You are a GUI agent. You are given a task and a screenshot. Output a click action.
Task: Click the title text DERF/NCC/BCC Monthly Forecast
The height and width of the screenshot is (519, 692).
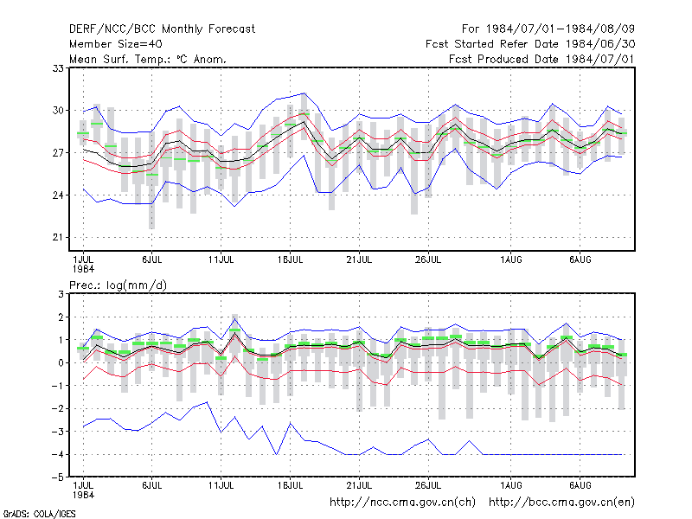(162, 29)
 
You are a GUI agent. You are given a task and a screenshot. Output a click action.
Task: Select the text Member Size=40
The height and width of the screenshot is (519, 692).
(116, 44)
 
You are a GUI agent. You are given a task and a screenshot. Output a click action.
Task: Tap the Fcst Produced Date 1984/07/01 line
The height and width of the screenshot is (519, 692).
(541, 59)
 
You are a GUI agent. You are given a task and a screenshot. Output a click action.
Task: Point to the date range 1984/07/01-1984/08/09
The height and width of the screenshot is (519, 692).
(561, 29)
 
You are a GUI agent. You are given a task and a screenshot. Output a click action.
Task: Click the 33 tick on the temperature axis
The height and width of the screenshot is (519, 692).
(58, 68)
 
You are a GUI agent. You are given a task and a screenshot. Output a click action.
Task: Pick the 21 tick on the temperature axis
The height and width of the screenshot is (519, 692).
(58, 237)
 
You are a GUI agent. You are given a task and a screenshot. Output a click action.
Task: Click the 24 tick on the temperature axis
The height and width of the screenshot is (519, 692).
(58, 195)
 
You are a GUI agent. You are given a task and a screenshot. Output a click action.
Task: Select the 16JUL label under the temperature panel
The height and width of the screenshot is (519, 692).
(290, 259)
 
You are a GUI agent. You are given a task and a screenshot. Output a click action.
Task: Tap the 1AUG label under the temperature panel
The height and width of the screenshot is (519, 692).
(511, 259)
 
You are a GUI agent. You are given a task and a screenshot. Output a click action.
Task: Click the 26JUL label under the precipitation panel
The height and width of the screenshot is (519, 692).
(428, 485)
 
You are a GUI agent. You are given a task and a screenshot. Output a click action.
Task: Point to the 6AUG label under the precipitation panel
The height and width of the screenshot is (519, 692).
(580, 485)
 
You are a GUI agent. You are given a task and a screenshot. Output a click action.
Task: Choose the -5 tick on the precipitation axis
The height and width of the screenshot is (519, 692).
(58, 477)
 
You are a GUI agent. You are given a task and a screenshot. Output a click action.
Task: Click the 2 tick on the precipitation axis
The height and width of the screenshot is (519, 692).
(61, 317)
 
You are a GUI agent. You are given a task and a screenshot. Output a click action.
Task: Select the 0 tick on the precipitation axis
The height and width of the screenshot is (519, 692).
(61, 362)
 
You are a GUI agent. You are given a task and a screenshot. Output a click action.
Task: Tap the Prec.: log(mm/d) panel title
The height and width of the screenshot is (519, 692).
(118, 285)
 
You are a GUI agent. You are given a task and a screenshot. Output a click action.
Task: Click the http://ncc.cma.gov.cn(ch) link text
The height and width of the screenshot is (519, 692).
(402, 503)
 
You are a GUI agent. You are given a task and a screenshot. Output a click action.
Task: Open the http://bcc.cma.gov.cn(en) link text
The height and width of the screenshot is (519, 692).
(561, 503)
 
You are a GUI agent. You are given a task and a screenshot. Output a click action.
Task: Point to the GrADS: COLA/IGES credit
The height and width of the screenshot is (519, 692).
(39, 514)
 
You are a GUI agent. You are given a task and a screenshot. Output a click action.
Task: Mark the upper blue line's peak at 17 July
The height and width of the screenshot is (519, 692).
(304, 93)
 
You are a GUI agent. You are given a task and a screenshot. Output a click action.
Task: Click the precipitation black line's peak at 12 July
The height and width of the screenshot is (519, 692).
(234, 334)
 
